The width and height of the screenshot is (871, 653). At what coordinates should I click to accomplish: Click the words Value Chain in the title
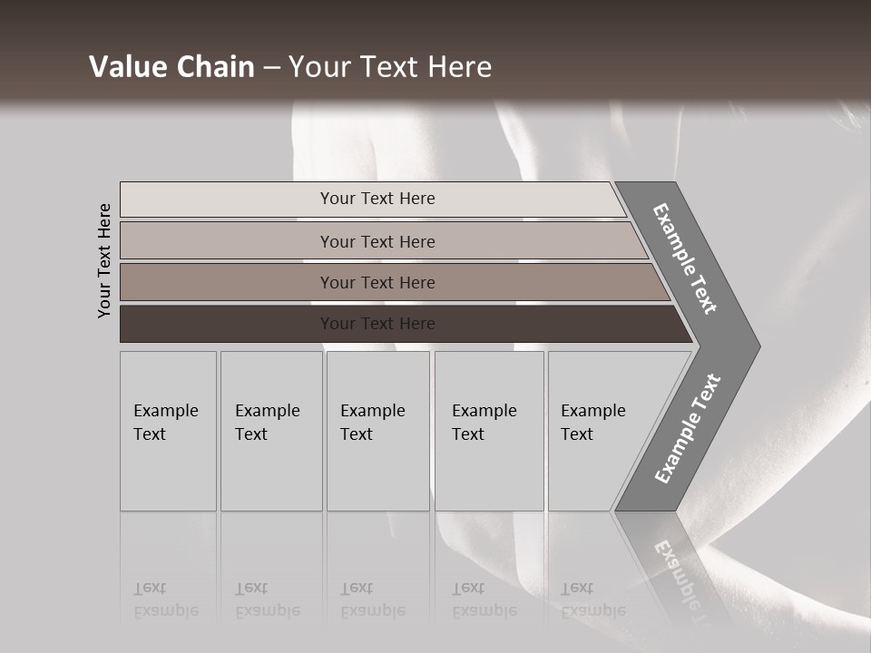click(171, 67)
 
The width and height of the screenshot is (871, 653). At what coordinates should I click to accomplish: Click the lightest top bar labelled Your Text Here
click(377, 199)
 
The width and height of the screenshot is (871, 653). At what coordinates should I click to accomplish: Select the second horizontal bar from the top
click(377, 241)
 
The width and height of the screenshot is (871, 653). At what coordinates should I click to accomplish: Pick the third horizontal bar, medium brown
click(377, 282)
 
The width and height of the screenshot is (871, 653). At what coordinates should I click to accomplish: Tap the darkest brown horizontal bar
click(377, 324)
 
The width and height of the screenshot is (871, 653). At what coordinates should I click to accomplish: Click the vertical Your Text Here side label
click(104, 260)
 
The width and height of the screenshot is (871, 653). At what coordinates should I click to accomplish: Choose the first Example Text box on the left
click(168, 431)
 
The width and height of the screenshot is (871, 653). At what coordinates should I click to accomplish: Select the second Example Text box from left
click(270, 431)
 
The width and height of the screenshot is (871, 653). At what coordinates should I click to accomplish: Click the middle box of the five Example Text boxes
click(377, 431)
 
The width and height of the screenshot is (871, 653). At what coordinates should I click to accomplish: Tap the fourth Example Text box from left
click(488, 431)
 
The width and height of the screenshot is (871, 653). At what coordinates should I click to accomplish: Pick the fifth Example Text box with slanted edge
click(599, 431)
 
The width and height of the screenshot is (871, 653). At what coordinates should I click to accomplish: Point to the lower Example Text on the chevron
click(688, 429)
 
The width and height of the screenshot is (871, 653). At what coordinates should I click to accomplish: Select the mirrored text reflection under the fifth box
click(592, 600)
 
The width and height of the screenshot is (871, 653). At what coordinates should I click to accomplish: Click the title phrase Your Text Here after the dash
click(390, 67)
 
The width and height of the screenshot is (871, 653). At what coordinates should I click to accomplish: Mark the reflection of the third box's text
click(372, 600)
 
